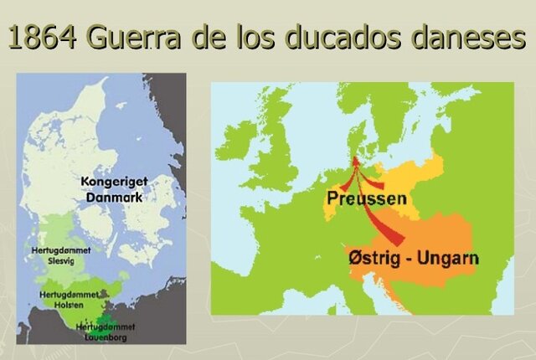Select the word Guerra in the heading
tap(141, 39)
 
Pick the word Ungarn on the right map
tap(451, 258)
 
